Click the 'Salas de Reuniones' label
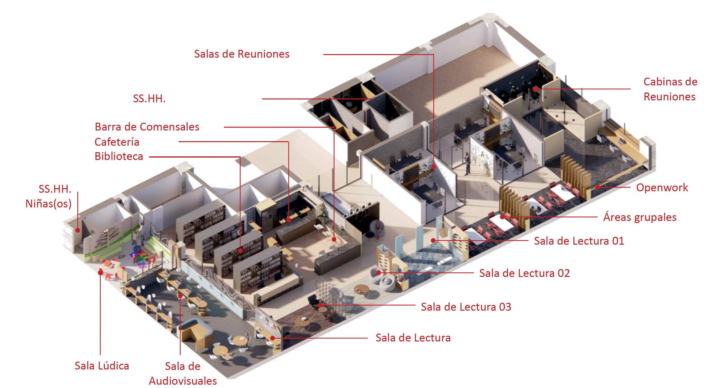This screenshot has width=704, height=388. pos(242,54)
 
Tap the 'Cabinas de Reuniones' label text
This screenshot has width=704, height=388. pos(670,89)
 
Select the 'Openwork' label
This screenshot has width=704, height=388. pos(662,187)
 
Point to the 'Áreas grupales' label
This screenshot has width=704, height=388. pos(640,217)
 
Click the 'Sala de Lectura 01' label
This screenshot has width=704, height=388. pos(579,241)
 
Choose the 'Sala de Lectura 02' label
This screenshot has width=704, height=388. pos(524,273)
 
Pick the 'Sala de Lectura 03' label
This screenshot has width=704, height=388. pos(466,307)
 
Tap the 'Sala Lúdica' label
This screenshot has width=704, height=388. pos(102,366)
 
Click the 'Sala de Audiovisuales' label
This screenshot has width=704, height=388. pos(183,373)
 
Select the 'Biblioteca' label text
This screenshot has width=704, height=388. pos(119,156)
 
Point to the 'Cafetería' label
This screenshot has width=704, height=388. pos(117,142)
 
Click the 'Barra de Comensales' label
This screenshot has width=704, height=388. pos(147,127)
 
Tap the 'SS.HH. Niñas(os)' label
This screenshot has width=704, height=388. pos(49,196)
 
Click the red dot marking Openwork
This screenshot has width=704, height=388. pos(598,187)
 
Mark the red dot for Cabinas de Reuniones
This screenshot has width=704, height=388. pos(536,89)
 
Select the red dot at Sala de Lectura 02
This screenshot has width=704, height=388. pos(379,273)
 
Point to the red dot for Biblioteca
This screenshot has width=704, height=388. pos(240,250)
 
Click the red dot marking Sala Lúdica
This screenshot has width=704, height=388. pos(100,272)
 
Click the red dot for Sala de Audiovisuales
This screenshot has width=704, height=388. pos(180,296)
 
